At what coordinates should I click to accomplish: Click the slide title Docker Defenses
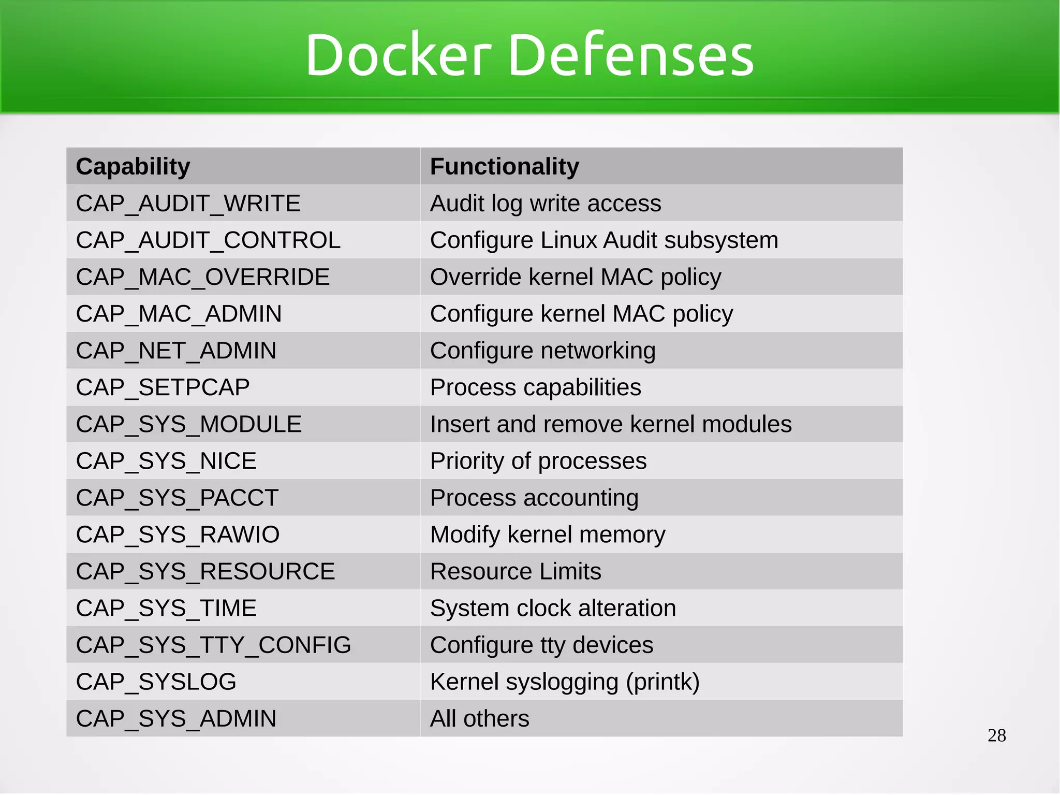point(529,55)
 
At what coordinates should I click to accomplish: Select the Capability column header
point(133,167)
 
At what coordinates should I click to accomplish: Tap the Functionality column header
point(504,167)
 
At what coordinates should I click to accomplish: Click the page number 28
point(996,735)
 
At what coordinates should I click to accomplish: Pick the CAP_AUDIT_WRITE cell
point(188,204)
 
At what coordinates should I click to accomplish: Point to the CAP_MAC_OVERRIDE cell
point(202,277)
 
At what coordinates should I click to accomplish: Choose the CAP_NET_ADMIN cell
point(176,351)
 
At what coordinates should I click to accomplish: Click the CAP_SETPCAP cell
point(163,387)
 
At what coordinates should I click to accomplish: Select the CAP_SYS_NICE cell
point(166,461)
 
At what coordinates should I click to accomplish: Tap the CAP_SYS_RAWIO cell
point(178,534)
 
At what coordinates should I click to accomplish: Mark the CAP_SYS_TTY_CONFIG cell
point(213,645)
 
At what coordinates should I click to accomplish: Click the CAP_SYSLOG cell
point(156,682)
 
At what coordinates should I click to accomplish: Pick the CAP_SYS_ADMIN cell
point(176,718)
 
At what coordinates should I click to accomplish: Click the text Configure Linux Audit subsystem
point(603,240)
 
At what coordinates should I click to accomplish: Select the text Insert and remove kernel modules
point(610,424)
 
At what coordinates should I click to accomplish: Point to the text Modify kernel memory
point(547,534)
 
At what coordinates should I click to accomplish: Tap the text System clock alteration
point(553,608)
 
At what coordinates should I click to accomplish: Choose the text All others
point(479,718)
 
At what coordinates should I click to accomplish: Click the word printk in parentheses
point(662,682)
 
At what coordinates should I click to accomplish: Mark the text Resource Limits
point(515,571)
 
